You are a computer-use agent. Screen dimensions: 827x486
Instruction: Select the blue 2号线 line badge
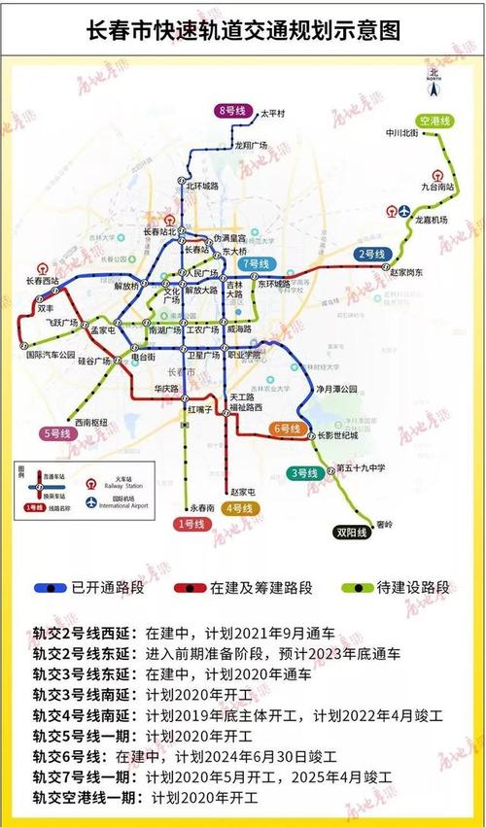(371, 254)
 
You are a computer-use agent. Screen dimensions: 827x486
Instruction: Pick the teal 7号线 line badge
(256, 263)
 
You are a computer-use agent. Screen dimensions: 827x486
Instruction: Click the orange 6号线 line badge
(288, 429)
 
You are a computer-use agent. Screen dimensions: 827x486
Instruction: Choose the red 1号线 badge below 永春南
(191, 525)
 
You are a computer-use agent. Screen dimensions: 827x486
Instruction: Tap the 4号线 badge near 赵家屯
(238, 508)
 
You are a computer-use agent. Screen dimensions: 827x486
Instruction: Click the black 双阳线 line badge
(351, 533)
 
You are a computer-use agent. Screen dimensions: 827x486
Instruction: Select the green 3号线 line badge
(304, 473)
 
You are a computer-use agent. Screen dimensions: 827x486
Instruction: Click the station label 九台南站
(437, 185)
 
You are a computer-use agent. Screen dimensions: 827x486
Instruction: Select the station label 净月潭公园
(331, 390)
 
